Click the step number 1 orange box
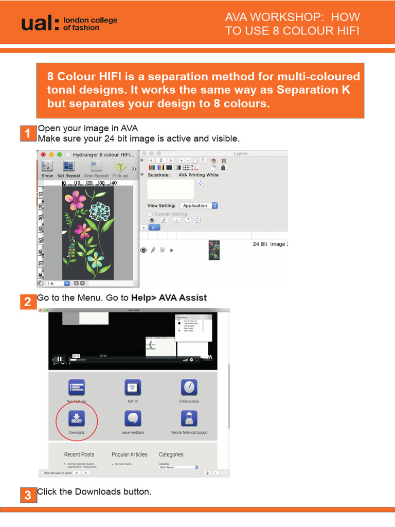pyautogui.click(x=27, y=135)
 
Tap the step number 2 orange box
pyautogui.click(x=27, y=302)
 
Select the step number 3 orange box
pyautogui.click(x=27, y=496)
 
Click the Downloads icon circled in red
pyautogui.click(x=76, y=417)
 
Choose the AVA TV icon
pyautogui.click(x=133, y=388)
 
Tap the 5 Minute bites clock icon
pyautogui.click(x=189, y=388)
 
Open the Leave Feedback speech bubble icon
pyautogui.click(x=133, y=418)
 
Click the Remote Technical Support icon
pyautogui.click(x=189, y=418)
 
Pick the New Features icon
pyautogui.click(x=76, y=388)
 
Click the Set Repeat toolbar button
pyautogui.click(x=68, y=168)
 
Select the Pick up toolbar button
pyautogui.click(x=120, y=168)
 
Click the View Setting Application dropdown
pyautogui.click(x=200, y=205)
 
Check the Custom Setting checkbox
pyautogui.click(x=150, y=214)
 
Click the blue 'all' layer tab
pyautogui.click(x=154, y=227)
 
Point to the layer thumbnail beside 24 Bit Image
pyautogui.click(x=214, y=250)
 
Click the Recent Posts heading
pyautogui.click(x=79, y=454)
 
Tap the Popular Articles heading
pyautogui.click(x=129, y=454)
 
